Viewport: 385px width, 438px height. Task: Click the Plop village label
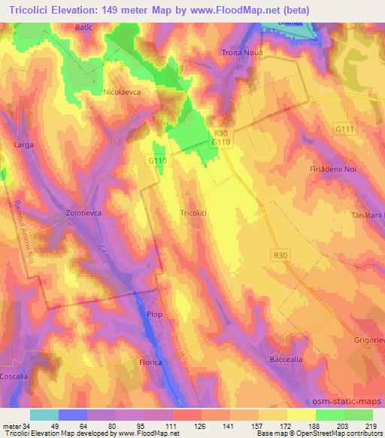[154, 315]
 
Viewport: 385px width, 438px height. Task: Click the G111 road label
[345, 129]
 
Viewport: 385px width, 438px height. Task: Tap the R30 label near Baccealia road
[280, 256]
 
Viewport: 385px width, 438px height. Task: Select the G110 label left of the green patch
[156, 160]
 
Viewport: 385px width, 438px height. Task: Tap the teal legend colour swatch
[44, 415]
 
